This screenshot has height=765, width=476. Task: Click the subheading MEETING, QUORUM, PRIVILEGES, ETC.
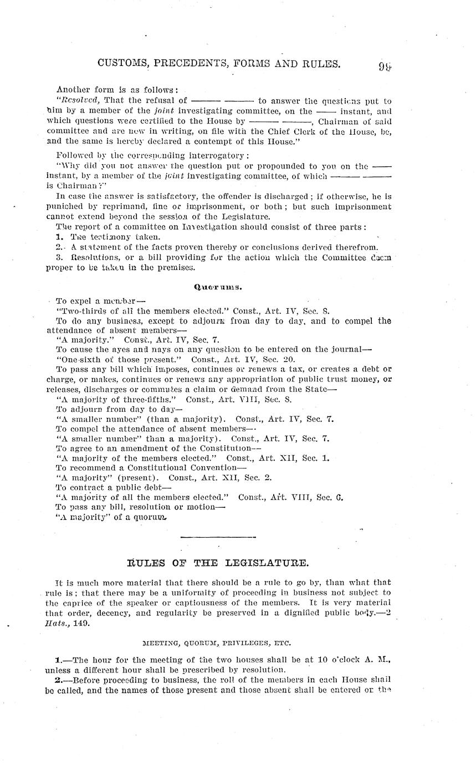click(216, 642)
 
